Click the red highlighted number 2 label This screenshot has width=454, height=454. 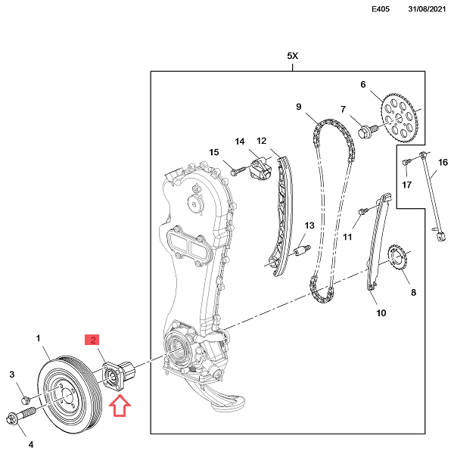(x=95, y=340)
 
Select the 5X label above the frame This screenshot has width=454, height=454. (x=294, y=57)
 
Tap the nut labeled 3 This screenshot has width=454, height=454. (x=25, y=399)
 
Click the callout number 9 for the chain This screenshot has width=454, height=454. (x=300, y=107)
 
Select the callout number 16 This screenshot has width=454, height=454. (x=443, y=162)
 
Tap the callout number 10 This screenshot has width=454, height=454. (x=381, y=313)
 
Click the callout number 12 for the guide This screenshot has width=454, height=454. (x=262, y=141)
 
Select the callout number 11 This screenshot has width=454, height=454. (x=348, y=237)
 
